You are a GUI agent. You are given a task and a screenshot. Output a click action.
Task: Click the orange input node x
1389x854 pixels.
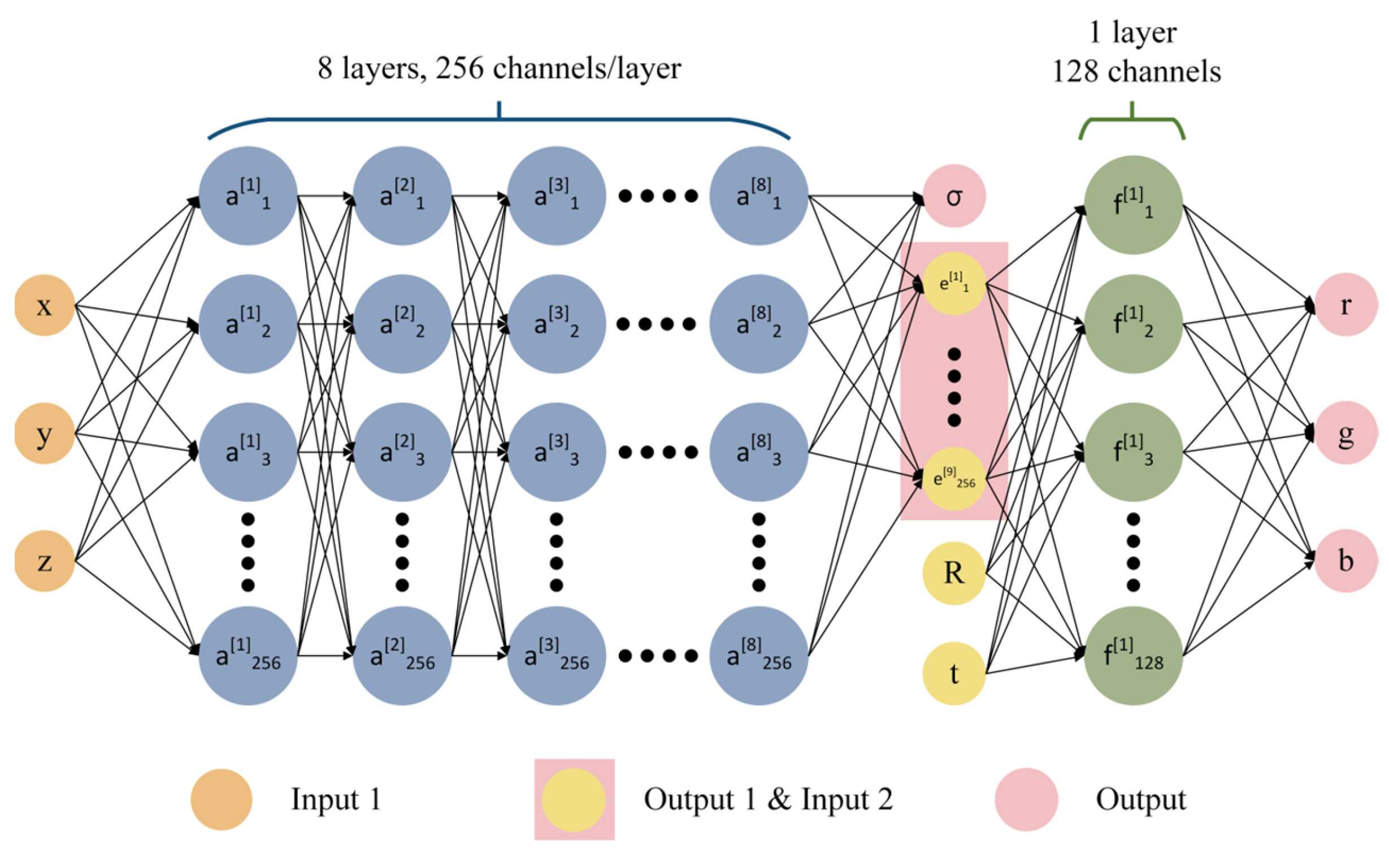(45, 306)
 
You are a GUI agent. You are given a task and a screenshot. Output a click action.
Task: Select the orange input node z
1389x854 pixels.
(45, 561)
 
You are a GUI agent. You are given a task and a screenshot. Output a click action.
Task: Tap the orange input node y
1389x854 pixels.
(45, 433)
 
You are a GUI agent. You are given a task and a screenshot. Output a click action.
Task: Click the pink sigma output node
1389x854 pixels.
(954, 196)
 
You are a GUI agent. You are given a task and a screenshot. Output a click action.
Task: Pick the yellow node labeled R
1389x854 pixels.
(954, 573)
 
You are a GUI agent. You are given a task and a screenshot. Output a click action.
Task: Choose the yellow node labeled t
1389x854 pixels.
(954, 673)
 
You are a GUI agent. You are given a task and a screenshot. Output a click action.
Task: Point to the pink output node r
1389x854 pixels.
(1346, 305)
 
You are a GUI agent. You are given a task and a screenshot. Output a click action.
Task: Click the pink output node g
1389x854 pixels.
(1346, 433)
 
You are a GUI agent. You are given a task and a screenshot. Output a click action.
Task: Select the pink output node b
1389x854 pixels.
(1346, 561)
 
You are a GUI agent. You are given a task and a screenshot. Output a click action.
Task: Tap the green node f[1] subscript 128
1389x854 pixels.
(1133, 656)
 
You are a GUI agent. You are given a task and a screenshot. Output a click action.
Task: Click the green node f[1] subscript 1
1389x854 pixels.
(1133, 205)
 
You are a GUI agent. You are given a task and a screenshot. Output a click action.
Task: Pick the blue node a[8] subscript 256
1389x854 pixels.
(758, 656)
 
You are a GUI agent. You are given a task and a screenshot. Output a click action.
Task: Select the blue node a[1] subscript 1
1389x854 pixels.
(248, 196)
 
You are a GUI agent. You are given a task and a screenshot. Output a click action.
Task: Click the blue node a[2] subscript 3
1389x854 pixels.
(402, 452)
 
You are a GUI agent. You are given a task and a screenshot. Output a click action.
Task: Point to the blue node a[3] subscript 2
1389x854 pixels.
(556, 324)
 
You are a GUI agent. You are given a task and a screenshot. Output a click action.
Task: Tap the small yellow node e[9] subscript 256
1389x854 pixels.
(954, 479)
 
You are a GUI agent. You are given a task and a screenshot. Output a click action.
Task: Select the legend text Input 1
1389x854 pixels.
(336, 799)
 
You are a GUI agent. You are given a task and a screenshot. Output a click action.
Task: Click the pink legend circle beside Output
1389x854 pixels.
(1026, 799)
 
